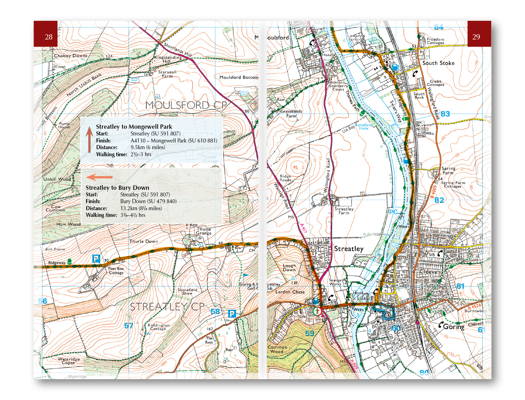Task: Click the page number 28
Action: pyautogui.click(x=49, y=37)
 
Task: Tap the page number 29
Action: pyautogui.click(x=476, y=37)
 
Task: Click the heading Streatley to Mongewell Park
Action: pyautogui.click(x=134, y=127)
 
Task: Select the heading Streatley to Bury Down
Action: pyautogui.click(x=117, y=188)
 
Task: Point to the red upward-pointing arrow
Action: pyautogui.click(x=89, y=140)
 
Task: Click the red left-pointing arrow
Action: pyautogui.click(x=99, y=177)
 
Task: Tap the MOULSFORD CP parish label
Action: pyautogui.click(x=186, y=105)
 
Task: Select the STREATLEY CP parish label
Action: pyautogui.click(x=167, y=307)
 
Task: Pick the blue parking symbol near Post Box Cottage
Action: pyautogui.click(x=96, y=259)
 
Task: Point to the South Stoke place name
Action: pyautogui.click(x=438, y=63)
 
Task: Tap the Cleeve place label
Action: pyautogui.click(x=428, y=272)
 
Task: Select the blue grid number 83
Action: pyautogui.click(x=445, y=114)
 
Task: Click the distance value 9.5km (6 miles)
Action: pyautogui.click(x=147, y=147)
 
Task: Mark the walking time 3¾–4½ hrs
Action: pyautogui.click(x=133, y=215)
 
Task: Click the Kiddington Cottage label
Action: pyautogui.click(x=158, y=327)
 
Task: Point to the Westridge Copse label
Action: pyautogui.click(x=69, y=361)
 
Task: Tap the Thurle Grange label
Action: pyautogui.click(x=204, y=231)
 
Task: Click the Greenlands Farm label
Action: pyautogui.click(x=291, y=113)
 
